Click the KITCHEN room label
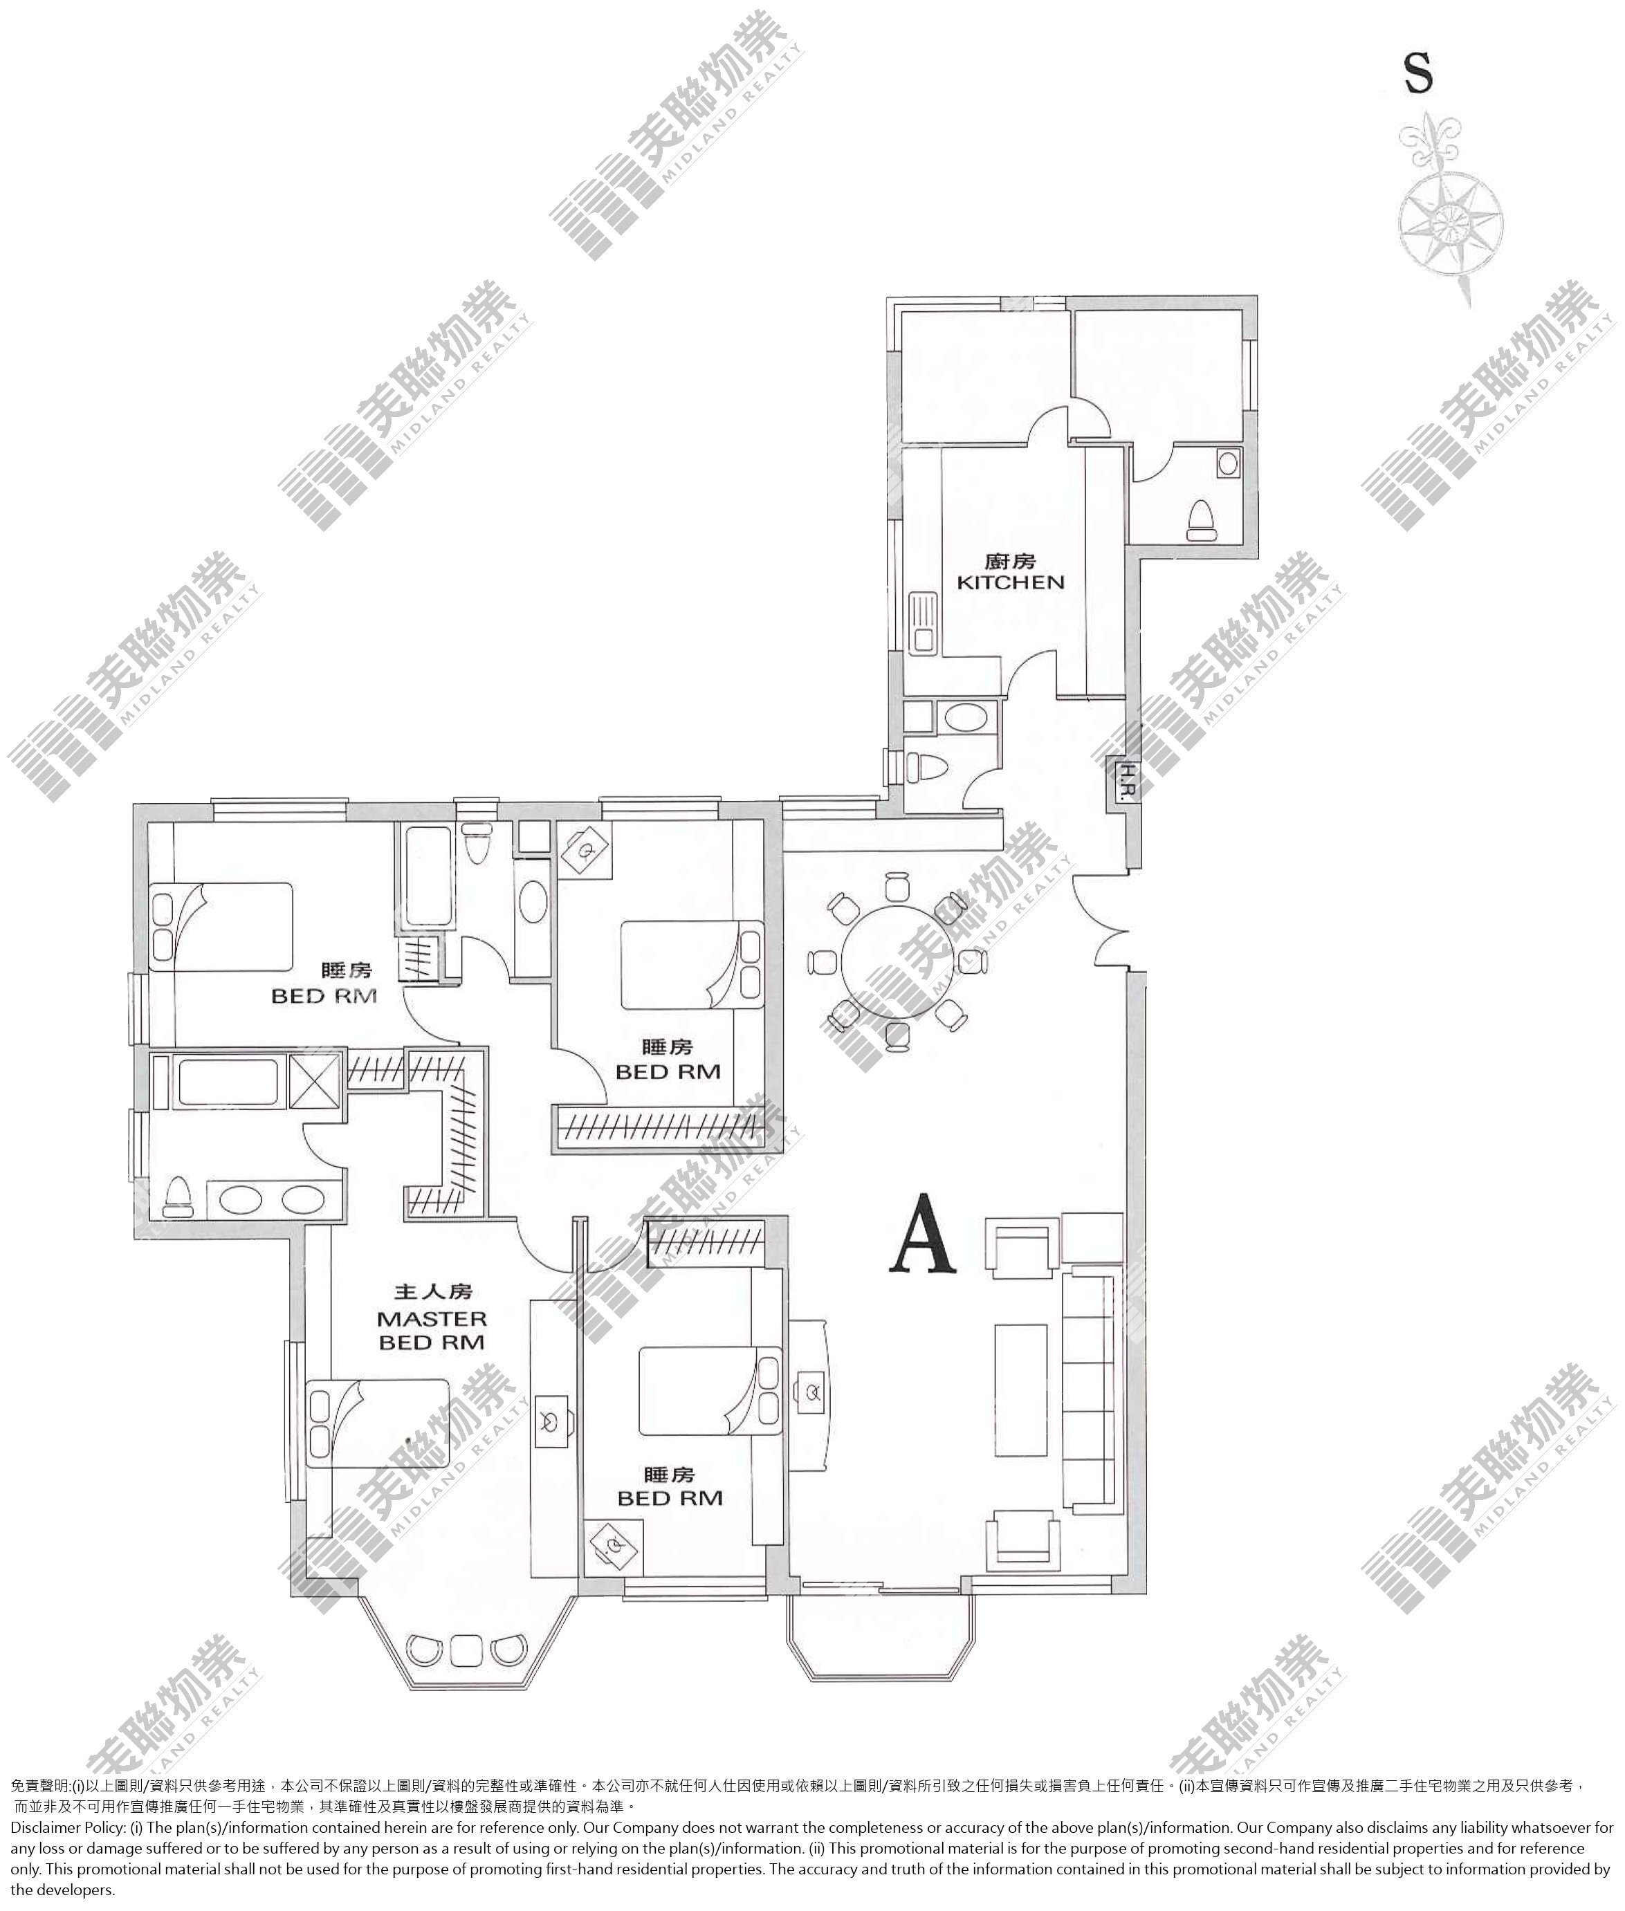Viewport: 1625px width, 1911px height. point(1011,582)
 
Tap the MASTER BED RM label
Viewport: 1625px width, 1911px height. point(432,1331)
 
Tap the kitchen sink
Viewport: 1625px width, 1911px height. point(922,623)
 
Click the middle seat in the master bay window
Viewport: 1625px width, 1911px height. point(466,1649)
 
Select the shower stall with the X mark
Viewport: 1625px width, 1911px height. point(315,1080)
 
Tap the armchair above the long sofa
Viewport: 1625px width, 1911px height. point(1022,1250)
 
